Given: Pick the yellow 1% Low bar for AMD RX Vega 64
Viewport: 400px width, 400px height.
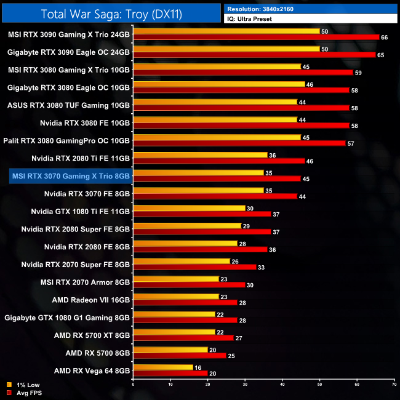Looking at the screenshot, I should [x=163, y=367].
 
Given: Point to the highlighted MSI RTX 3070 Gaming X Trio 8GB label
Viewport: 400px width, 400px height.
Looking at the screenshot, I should [x=71, y=176].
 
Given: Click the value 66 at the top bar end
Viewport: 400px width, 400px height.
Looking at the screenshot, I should [x=385, y=38].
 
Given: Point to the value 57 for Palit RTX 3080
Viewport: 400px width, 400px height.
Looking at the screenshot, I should [x=351, y=143].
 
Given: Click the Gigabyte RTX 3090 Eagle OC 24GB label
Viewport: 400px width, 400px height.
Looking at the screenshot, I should [x=69, y=52].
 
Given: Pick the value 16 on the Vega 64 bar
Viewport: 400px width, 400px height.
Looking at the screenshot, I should [x=198, y=367].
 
